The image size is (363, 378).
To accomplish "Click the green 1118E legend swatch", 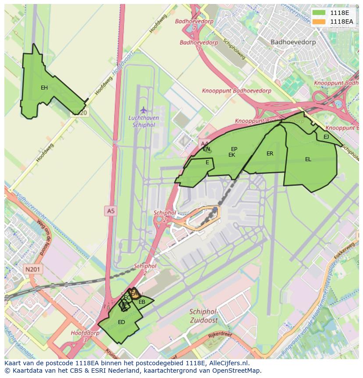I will [x=320, y=13].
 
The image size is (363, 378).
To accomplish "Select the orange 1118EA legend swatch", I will [x=320, y=22].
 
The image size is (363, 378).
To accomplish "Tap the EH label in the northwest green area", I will [x=44, y=88].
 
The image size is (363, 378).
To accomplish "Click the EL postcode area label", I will [x=308, y=159].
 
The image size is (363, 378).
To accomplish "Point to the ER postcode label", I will [x=270, y=154].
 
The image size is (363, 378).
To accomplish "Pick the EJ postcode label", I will [x=326, y=137].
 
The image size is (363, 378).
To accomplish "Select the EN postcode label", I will [x=206, y=149].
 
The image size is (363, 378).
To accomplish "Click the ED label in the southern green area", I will [x=121, y=322].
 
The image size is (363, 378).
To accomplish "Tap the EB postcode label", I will [x=142, y=302].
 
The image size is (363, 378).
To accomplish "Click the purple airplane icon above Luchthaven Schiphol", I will [x=143, y=109].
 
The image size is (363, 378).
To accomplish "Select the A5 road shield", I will [x=110, y=211].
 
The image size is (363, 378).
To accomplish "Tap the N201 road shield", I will [x=33, y=270].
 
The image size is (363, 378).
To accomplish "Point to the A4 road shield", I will [x=204, y=143].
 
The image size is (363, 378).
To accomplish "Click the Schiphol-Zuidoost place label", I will [x=203, y=316].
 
